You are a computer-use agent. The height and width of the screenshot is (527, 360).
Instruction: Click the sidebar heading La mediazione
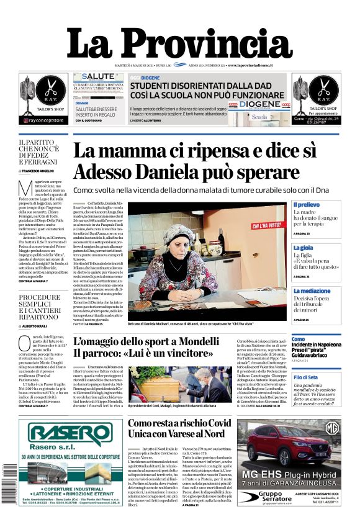tap(312, 291)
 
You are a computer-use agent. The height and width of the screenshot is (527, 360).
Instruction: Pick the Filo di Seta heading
tap(306, 377)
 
